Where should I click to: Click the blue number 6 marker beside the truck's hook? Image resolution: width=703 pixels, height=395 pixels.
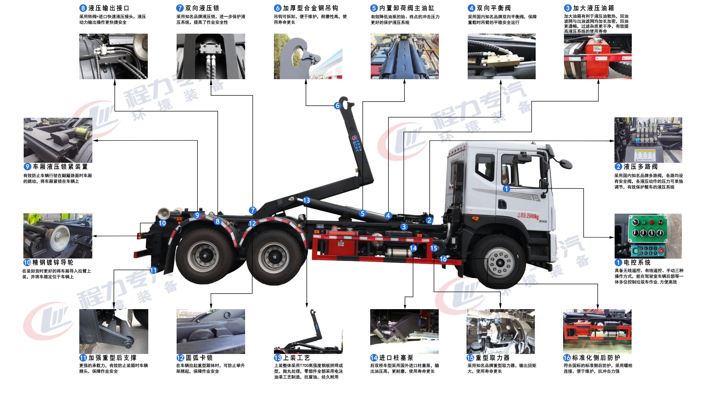[337, 106]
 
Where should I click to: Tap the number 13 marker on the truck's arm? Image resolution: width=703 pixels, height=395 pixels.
[307, 200]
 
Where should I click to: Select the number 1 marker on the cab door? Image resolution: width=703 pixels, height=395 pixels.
[506, 189]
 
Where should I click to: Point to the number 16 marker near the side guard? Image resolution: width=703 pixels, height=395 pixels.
[443, 259]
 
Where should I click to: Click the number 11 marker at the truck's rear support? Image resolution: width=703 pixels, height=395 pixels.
[153, 270]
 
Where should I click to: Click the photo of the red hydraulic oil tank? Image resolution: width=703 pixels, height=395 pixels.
[598, 56]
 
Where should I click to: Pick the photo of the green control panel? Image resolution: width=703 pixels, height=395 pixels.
[648, 236]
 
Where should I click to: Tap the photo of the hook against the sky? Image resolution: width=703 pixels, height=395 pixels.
[308, 56]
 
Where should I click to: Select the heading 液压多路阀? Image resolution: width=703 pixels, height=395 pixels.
[641, 167]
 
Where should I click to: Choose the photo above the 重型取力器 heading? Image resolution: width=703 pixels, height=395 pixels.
[500, 331]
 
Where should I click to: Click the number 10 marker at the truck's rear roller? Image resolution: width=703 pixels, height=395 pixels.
[162, 223]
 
